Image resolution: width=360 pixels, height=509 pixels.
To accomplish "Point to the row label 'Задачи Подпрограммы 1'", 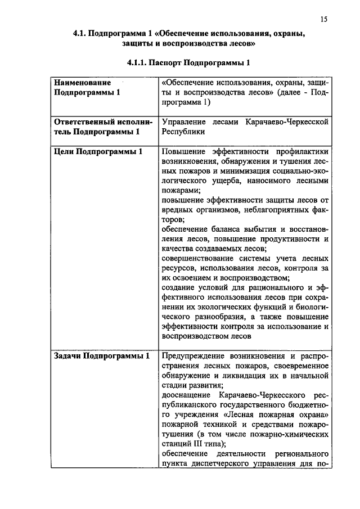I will [x=102, y=356].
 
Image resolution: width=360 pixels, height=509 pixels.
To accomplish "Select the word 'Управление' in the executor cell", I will [x=182, y=121].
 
